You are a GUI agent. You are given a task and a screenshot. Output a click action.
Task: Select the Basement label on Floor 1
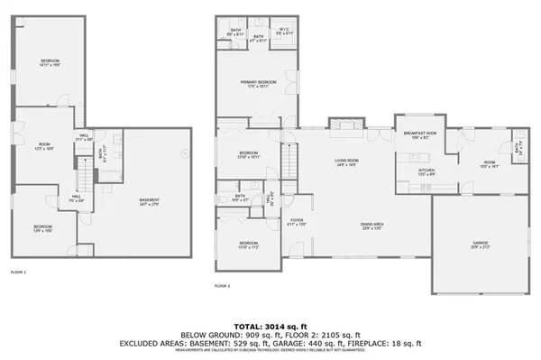click(x=150, y=201)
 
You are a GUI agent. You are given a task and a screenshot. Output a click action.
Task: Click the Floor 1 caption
click(x=18, y=272)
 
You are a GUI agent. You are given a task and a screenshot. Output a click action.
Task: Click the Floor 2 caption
click(x=223, y=286)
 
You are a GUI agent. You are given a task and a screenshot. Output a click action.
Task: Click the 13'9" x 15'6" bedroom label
click(x=42, y=227)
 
